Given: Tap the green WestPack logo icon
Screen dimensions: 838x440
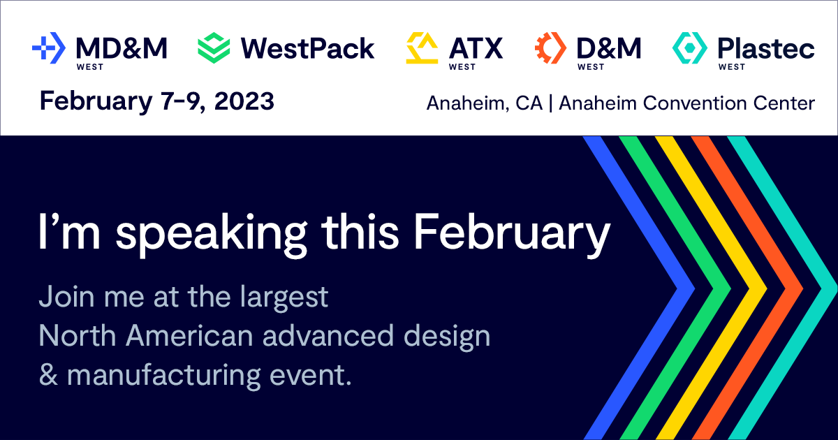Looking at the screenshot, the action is pos(214,48).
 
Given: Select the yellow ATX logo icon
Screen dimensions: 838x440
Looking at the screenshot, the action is pos(422,48).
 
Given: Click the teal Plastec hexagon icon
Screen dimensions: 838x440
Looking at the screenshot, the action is pos(690,48).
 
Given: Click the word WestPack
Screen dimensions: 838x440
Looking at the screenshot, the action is pos(307,49).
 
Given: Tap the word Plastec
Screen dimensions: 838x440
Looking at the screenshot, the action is pos(766,49).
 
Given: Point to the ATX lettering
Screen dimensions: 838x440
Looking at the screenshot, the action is pos(476,48).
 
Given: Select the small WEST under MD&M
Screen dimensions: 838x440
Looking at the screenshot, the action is pos(90,67).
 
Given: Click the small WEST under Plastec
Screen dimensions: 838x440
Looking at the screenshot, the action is pos(732,67).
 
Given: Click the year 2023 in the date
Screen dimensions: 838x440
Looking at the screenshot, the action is pos(244,101).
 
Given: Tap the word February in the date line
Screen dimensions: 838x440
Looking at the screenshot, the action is pos(96,102).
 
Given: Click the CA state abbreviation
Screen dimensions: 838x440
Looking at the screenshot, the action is pos(529,103).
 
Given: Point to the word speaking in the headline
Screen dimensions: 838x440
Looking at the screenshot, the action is pos(212,233).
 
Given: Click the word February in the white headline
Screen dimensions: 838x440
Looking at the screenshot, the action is pos(512,233).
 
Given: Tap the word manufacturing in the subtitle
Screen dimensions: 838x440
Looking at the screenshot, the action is pos(164,376).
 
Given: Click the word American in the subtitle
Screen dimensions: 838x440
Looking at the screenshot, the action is pos(189,336).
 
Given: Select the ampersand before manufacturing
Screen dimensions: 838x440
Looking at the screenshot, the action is pos(49,374).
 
